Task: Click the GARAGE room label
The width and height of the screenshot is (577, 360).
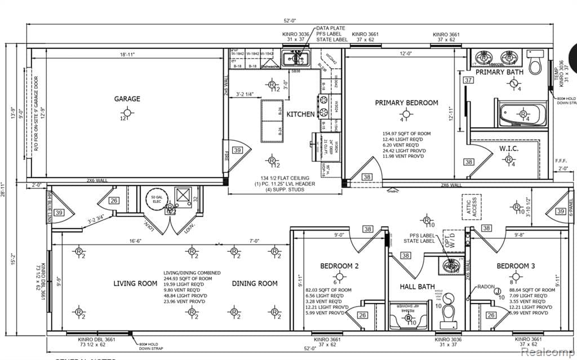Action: point(127,99)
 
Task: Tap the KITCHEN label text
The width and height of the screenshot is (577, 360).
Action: point(300,114)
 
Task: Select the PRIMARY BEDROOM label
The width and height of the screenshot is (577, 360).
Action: point(406,103)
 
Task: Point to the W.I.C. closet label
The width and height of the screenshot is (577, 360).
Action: point(508,149)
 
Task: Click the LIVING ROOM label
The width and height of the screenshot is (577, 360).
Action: point(135,283)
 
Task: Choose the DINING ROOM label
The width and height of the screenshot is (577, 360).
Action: point(255,283)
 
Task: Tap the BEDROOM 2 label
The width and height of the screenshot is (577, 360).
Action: point(339,266)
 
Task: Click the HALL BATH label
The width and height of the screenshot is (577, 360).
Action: point(418,287)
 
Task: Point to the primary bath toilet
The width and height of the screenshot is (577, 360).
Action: point(535,63)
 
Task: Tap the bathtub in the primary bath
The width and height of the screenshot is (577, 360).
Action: point(521,115)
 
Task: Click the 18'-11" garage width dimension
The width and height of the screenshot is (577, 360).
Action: point(127,55)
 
